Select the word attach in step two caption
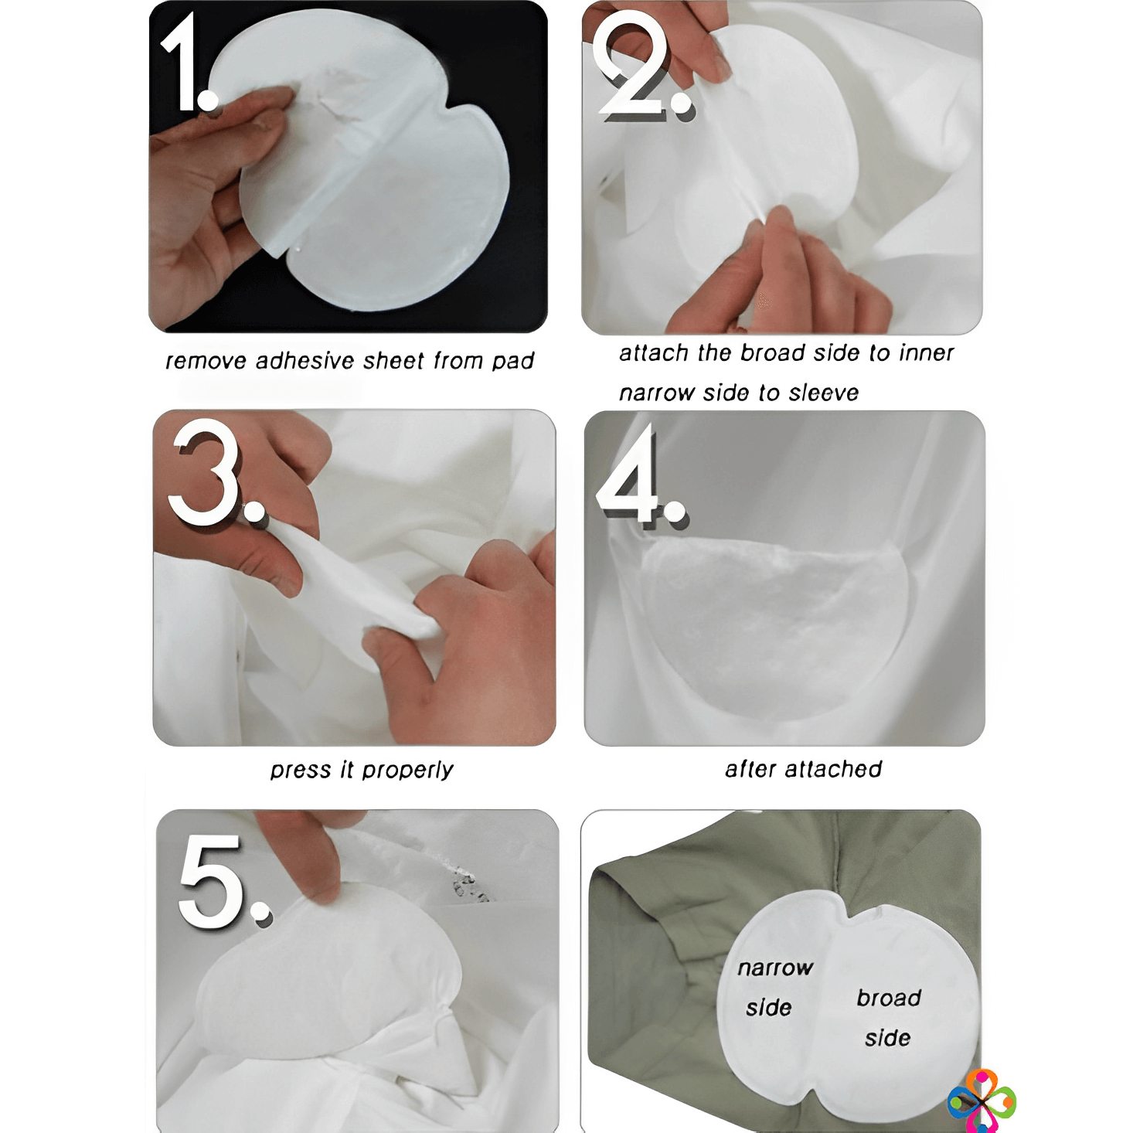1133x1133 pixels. click(654, 352)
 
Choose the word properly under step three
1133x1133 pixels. click(407, 771)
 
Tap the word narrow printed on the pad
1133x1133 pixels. click(775, 968)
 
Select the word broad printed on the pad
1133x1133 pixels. click(889, 998)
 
